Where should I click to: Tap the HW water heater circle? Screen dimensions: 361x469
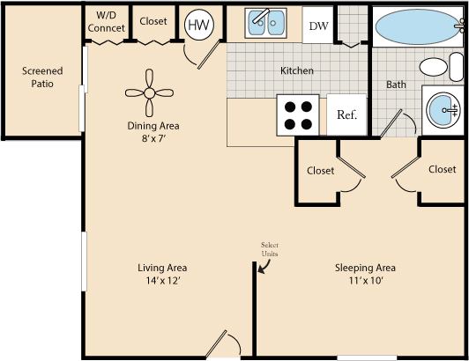(198, 26)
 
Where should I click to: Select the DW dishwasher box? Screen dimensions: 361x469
(317, 26)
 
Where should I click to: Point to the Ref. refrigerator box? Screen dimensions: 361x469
(346, 114)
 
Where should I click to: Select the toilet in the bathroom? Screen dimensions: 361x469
(434, 67)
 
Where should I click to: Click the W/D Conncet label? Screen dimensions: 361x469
(107, 22)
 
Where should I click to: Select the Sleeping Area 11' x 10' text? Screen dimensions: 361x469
(364, 274)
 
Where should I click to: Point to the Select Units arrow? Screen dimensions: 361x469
(265, 266)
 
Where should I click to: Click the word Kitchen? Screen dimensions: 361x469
(297, 70)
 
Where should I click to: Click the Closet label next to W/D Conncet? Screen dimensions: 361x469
(153, 21)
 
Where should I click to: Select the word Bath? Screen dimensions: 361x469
(395, 85)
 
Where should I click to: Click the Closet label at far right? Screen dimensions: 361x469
(442, 169)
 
